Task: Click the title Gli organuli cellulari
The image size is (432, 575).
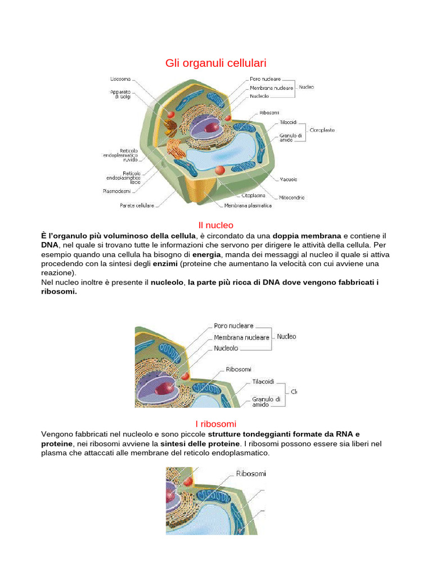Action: (215, 63)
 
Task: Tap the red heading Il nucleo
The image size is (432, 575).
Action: (215, 225)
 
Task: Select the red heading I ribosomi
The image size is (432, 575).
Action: (215, 423)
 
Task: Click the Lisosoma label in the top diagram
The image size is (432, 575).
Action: (120, 80)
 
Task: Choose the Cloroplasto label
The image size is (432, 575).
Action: (322, 130)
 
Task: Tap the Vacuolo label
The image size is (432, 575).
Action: (289, 180)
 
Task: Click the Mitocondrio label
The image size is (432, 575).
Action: (292, 198)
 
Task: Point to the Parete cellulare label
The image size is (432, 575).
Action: (137, 206)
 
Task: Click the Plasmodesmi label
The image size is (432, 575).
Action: (117, 191)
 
